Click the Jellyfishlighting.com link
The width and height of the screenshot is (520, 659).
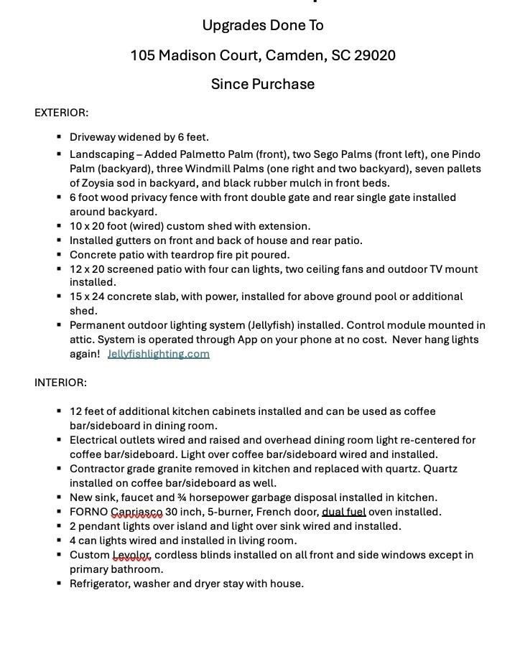click(x=158, y=354)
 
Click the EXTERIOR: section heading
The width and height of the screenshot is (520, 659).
click(x=61, y=113)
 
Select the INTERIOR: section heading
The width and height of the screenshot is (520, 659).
click(x=60, y=383)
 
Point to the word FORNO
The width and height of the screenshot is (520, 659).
click(x=88, y=512)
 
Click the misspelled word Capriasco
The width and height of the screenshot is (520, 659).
click(x=136, y=512)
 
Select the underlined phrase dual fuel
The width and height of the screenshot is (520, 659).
click(x=343, y=512)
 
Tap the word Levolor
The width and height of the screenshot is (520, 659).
click(x=131, y=555)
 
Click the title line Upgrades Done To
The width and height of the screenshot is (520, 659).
click(x=263, y=26)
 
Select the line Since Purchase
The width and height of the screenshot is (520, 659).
click(x=263, y=84)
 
